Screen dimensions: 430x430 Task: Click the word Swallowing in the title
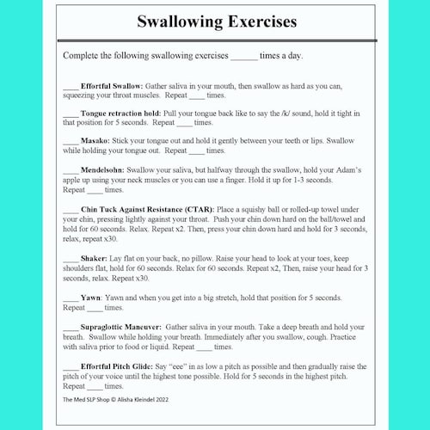(175, 21)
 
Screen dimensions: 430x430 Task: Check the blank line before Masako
(71, 141)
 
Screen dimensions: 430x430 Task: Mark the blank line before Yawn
(71, 298)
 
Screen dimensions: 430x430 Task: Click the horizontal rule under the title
(216, 40)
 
